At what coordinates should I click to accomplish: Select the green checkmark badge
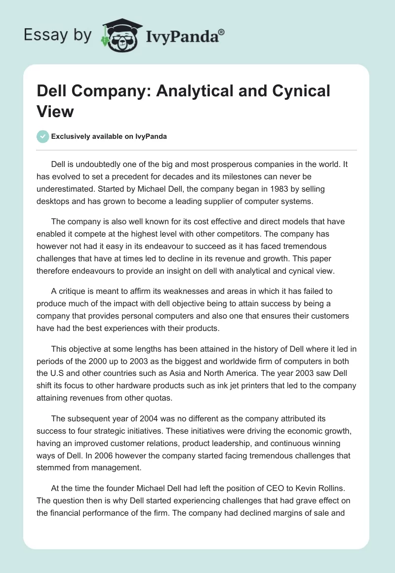coord(43,136)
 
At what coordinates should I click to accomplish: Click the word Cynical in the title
coord(297,91)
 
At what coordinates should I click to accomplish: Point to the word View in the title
coord(55,111)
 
